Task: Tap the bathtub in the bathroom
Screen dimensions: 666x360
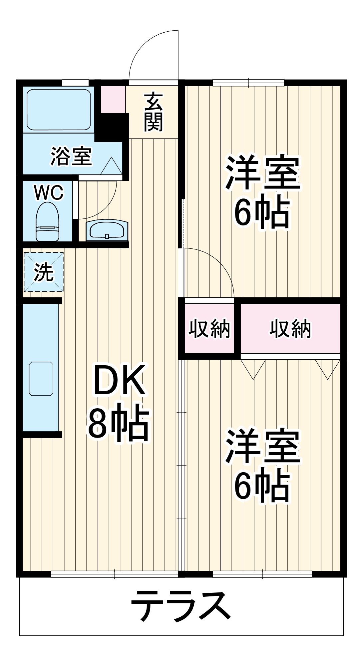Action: (59, 110)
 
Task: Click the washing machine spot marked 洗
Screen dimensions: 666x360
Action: (44, 272)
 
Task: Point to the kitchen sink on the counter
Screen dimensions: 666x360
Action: (41, 379)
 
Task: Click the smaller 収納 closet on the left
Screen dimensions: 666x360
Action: (209, 329)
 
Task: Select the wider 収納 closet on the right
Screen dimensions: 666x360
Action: (290, 329)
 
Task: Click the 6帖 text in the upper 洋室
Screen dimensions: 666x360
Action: (261, 213)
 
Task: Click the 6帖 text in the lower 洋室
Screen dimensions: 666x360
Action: (261, 487)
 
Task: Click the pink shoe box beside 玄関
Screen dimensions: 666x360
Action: (113, 99)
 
